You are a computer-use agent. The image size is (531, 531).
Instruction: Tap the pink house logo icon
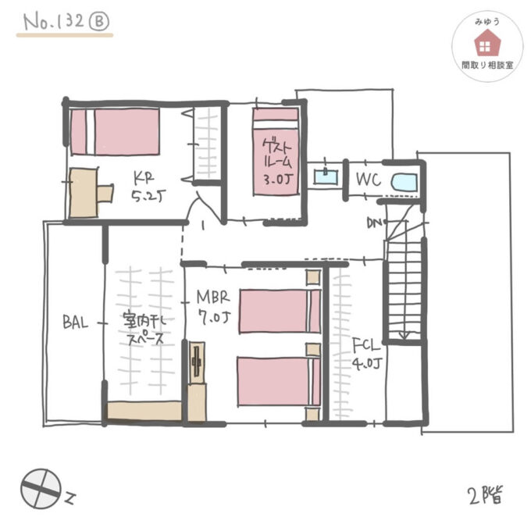[487, 44]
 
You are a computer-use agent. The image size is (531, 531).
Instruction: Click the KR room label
[141, 176]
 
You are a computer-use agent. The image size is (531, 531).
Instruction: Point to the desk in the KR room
[86, 192]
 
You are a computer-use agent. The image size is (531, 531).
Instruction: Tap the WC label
[368, 180]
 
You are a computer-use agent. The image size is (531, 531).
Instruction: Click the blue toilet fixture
[403, 180]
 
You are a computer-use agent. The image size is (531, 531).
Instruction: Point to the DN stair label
[375, 224]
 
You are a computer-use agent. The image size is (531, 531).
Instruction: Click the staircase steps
[404, 289]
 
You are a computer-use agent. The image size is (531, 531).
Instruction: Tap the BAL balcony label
[77, 320]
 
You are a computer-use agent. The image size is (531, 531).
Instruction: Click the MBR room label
[212, 297]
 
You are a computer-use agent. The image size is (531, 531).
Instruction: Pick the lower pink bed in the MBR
[278, 381]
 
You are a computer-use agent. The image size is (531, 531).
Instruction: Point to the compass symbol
[40, 489]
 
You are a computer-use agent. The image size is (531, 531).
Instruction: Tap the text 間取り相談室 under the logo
[487, 66]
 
